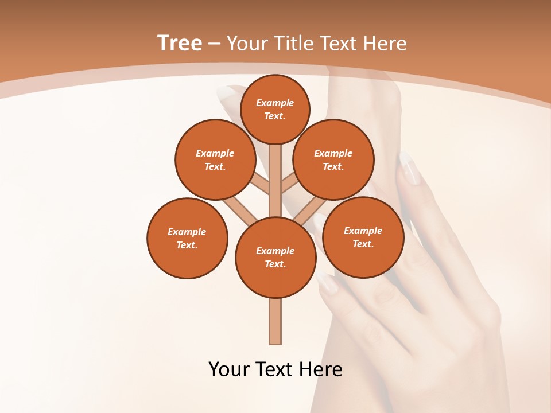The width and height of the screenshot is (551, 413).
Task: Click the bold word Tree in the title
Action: coord(180,43)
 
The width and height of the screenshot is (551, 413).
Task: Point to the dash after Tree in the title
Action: coord(214,44)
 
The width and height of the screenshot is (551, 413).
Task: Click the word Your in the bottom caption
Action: coord(228,369)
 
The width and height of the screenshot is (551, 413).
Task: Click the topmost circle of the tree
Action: coord(275,109)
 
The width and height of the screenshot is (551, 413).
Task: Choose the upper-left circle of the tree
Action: coord(215,159)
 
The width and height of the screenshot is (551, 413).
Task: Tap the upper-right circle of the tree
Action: coord(333,159)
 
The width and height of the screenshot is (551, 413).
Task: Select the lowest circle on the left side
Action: coord(187,238)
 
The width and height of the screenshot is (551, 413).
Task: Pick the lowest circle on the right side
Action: coord(363,237)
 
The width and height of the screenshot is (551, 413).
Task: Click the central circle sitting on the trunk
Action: coord(275,258)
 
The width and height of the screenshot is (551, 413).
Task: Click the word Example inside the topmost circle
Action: coord(275,103)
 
